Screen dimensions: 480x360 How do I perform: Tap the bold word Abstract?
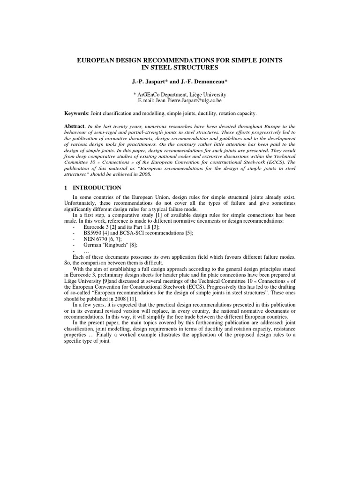pos(75,127)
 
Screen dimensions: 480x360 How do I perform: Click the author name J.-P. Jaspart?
pos(150,82)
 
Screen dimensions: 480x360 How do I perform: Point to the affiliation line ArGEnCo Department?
pos(180,95)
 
